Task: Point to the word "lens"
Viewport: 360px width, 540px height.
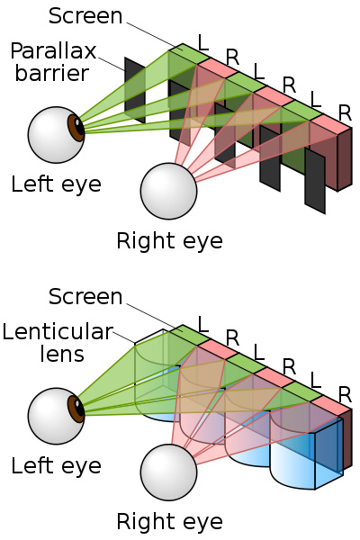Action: coord(61,354)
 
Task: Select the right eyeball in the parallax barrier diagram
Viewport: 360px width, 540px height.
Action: coord(168,191)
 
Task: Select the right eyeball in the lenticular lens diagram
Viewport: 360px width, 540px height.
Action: coord(168,472)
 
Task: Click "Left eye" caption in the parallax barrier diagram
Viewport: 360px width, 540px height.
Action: coord(56,185)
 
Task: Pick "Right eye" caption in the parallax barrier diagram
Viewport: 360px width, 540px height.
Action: coord(169,240)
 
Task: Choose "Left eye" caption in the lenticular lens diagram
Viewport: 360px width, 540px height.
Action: coord(56,466)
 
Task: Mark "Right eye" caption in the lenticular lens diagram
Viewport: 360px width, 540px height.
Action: coord(169,521)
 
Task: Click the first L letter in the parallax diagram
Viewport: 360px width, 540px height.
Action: coord(203,41)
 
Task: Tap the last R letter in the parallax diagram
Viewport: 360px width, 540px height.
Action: coord(345,113)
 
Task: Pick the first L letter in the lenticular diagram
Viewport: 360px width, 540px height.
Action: coord(203,322)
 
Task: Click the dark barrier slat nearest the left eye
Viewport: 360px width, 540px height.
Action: coord(134,91)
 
